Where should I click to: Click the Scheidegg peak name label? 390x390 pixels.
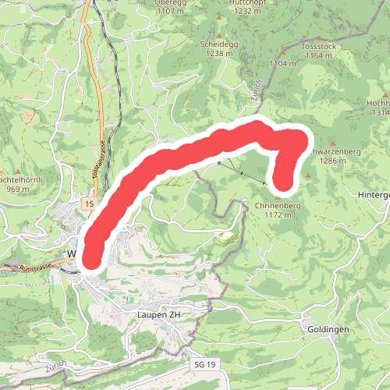pos(218,44)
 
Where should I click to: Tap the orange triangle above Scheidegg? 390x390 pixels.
pos(218,36)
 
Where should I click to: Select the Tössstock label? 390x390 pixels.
pos(317,46)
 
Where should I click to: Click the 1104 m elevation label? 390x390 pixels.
pos(283,62)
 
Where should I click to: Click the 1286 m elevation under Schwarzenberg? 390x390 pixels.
pos(332,161)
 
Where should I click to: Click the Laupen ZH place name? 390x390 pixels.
pos(158,314)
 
